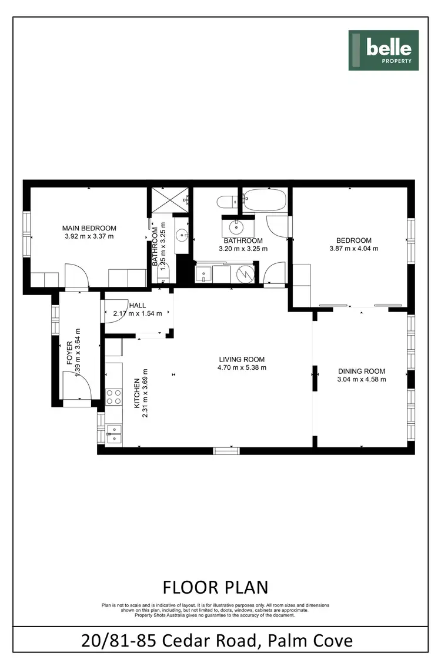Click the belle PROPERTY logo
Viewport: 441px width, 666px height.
tap(383, 50)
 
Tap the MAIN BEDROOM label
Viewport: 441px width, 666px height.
tap(89, 228)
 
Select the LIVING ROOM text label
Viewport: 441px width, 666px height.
tap(242, 359)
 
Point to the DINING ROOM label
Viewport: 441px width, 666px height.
tap(362, 371)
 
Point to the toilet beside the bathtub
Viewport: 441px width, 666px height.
tap(226, 202)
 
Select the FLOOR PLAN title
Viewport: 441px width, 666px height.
tap(215, 587)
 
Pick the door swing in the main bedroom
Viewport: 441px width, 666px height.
tap(76, 276)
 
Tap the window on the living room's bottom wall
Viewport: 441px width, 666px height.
tap(226, 450)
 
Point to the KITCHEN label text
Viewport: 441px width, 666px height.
tap(138, 393)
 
